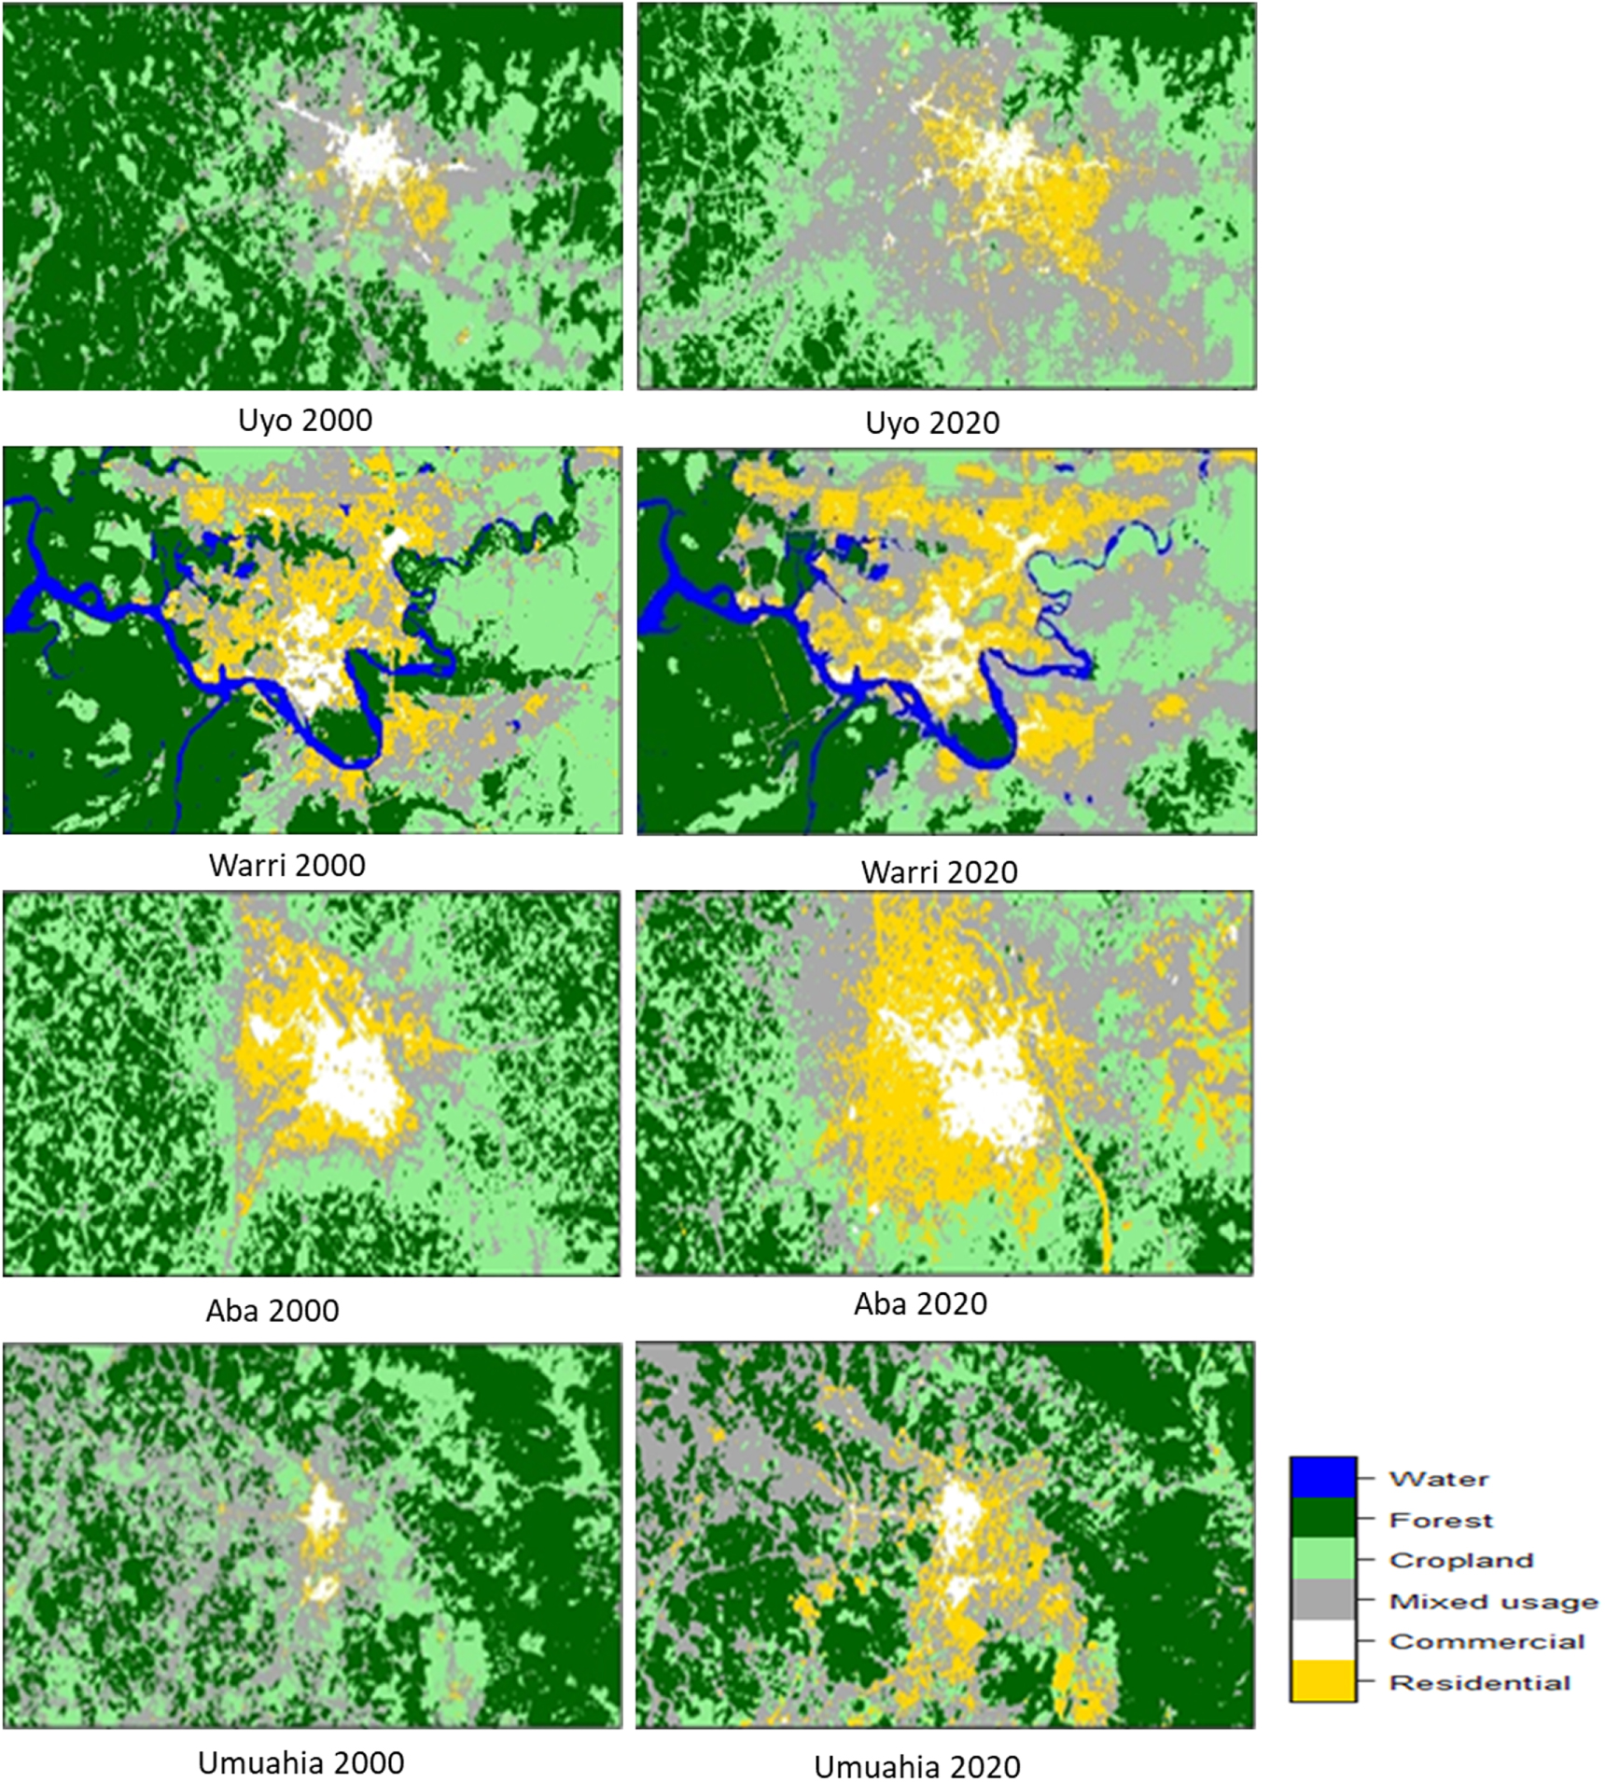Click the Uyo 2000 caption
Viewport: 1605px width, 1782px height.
pos(305,420)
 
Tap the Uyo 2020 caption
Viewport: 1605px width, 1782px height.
pos(932,423)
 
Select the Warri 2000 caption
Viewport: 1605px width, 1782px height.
pos(287,865)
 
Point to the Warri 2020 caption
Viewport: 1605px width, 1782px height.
pos(939,871)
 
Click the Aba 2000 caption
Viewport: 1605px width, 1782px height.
pos(272,1310)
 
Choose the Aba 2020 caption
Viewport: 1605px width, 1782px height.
pos(920,1303)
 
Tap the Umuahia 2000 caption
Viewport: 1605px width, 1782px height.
pos(301,1762)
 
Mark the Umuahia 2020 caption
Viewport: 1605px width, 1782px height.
pos(917,1766)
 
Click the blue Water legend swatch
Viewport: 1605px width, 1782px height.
pos(1322,1479)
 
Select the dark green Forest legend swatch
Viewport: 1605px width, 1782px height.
pos(1322,1520)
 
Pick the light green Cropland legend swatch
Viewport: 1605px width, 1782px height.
pos(1322,1560)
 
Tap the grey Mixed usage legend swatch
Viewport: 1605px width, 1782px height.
pos(1322,1601)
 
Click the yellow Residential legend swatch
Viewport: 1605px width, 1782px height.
pos(1322,1682)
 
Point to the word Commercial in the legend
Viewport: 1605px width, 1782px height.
pos(1486,1641)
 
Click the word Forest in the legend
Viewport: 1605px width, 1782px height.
pos(1441,1520)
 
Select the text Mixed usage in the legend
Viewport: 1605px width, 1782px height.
pos(1493,1601)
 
